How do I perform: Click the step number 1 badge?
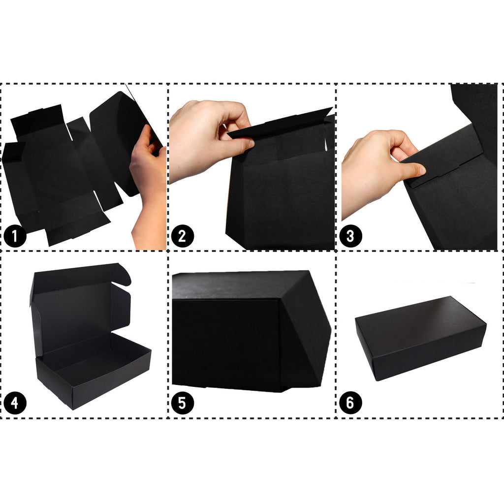[15, 236]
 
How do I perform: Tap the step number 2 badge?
[182, 236]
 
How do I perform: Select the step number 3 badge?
[350, 236]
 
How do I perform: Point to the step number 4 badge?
[15, 403]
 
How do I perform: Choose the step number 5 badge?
[182, 403]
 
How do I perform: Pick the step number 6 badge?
[350, 403]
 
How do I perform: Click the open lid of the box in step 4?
[80, 309]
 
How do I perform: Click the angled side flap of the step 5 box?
[305, 331]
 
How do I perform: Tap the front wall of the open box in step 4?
[93, 381]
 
